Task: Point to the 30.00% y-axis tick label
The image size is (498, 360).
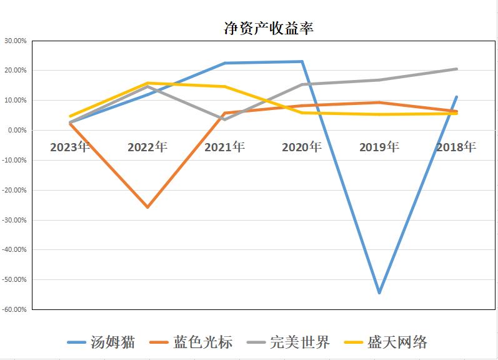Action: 16,41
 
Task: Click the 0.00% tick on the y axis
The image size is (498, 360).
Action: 17,130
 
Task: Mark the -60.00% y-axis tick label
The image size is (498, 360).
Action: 15,309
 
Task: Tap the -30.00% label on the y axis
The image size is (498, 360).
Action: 15,220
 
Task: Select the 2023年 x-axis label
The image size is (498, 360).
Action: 70,147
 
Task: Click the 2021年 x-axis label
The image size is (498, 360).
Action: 224,147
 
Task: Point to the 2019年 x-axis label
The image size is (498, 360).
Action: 379,147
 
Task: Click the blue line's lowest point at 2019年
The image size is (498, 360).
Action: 379,292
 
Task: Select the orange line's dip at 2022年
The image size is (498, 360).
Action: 147,207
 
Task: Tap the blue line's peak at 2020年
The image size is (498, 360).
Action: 302,61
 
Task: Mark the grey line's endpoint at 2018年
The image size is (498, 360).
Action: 457,69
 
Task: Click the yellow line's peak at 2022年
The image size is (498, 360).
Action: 147,83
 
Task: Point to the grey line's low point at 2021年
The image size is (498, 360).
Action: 225,119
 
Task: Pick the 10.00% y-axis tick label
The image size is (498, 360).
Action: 16,100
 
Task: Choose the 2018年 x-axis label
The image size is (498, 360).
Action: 456,147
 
